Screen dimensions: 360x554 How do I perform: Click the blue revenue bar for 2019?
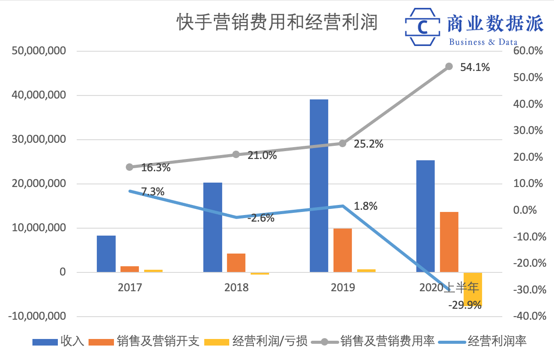(x=319, y=186)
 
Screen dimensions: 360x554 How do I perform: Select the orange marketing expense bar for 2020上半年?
(x=449, y=242)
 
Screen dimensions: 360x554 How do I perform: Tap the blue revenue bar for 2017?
(x=106, y=254)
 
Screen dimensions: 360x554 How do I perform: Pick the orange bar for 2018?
(x=236, y=263)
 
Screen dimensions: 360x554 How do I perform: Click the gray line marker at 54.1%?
(x=449, y=67)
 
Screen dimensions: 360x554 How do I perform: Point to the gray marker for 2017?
(x=129, y=167)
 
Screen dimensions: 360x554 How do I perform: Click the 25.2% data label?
(x=369, y=144)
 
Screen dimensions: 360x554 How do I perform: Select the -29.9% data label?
(x=465, y=305)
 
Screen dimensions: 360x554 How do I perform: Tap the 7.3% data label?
(x=153, y=192)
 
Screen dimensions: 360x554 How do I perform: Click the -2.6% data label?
(x=261, y=218)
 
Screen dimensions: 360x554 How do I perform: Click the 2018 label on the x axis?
(x=236, y=288)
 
